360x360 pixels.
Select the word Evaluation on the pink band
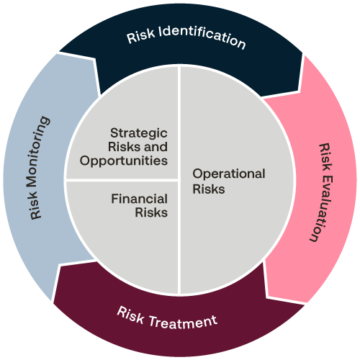coord(318,206)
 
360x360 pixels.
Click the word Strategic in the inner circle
coord(138,133)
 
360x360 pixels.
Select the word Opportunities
coord(125,160)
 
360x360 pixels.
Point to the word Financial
coord(139,199)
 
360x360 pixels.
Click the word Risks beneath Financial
coord(151,212)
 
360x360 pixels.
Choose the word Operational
coord(229,174)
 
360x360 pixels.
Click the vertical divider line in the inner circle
coord(179,238)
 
